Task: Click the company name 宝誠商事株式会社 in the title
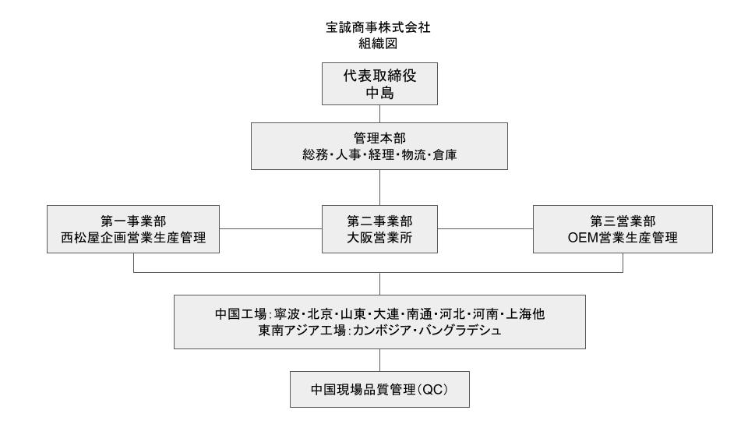tap(379, 28)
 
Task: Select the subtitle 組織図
tap(379, 44)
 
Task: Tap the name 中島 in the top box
tap(379, 93)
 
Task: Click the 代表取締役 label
tap(379, 76)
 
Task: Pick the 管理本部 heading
tap(379, 139)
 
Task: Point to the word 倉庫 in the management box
tap(445, 154)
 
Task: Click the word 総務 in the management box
tap(315, 154)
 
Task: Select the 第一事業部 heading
tap(133, 221)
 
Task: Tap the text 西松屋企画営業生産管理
tap(133, 237)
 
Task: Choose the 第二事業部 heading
tap(379, 221)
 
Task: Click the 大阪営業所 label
tap(379, 237)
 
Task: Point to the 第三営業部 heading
tap(623, 221)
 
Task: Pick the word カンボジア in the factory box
tap(382, 331)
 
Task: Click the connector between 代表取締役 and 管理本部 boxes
tap(379, 114)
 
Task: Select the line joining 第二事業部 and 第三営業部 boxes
tap(485, 228)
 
